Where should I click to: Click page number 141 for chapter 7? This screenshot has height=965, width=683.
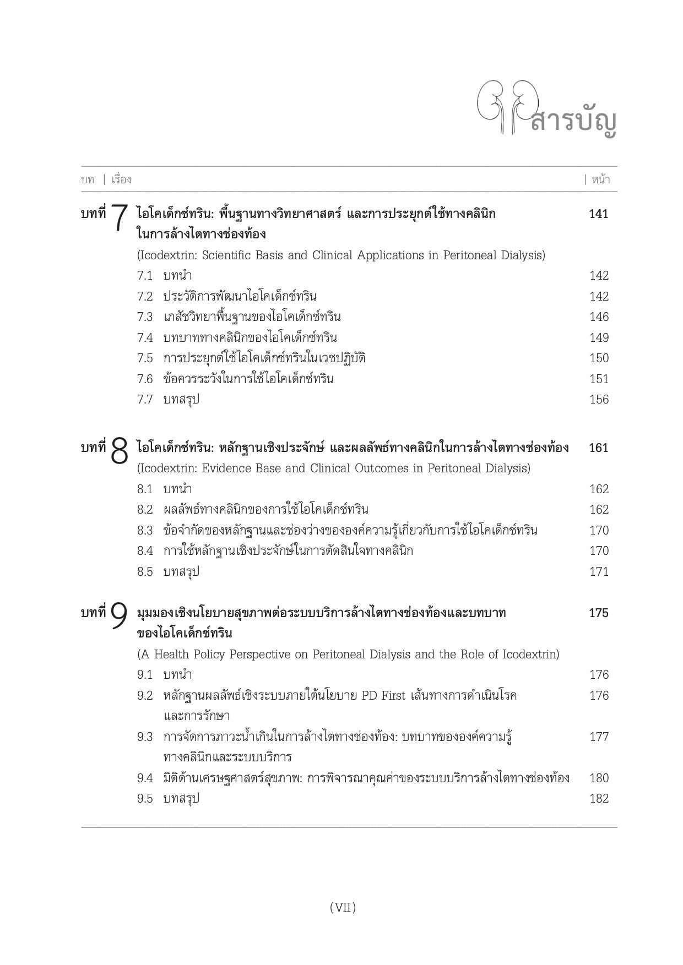[x=599, y=214]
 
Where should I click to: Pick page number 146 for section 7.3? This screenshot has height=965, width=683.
[x=599, y=317]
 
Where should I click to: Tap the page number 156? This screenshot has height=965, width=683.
[x=599, y=400]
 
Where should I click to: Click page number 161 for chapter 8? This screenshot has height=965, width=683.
[x=599, y=448]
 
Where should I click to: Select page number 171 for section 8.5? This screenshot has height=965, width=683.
[x=599, y=572]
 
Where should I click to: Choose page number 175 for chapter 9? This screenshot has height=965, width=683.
[x=599, y=613]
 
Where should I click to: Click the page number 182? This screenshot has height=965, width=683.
[x=599, y=799]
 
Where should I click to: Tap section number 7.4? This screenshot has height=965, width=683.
[x=145, y=338]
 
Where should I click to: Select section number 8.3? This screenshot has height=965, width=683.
[x=145, y=531]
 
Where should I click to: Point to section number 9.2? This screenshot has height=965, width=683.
[x=145, y=696]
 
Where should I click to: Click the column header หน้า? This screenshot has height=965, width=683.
[x=600, y=179]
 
